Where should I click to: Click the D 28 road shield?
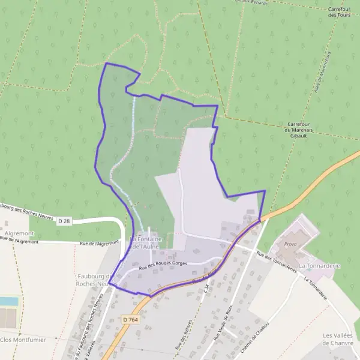coord(64,221)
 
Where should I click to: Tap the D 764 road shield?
coord(130,321)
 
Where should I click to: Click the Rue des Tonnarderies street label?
coord(277,262)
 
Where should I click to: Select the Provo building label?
coord(290,244)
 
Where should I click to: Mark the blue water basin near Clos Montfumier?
coord(8,301)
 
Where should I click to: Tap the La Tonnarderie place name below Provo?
coord(320,265)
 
